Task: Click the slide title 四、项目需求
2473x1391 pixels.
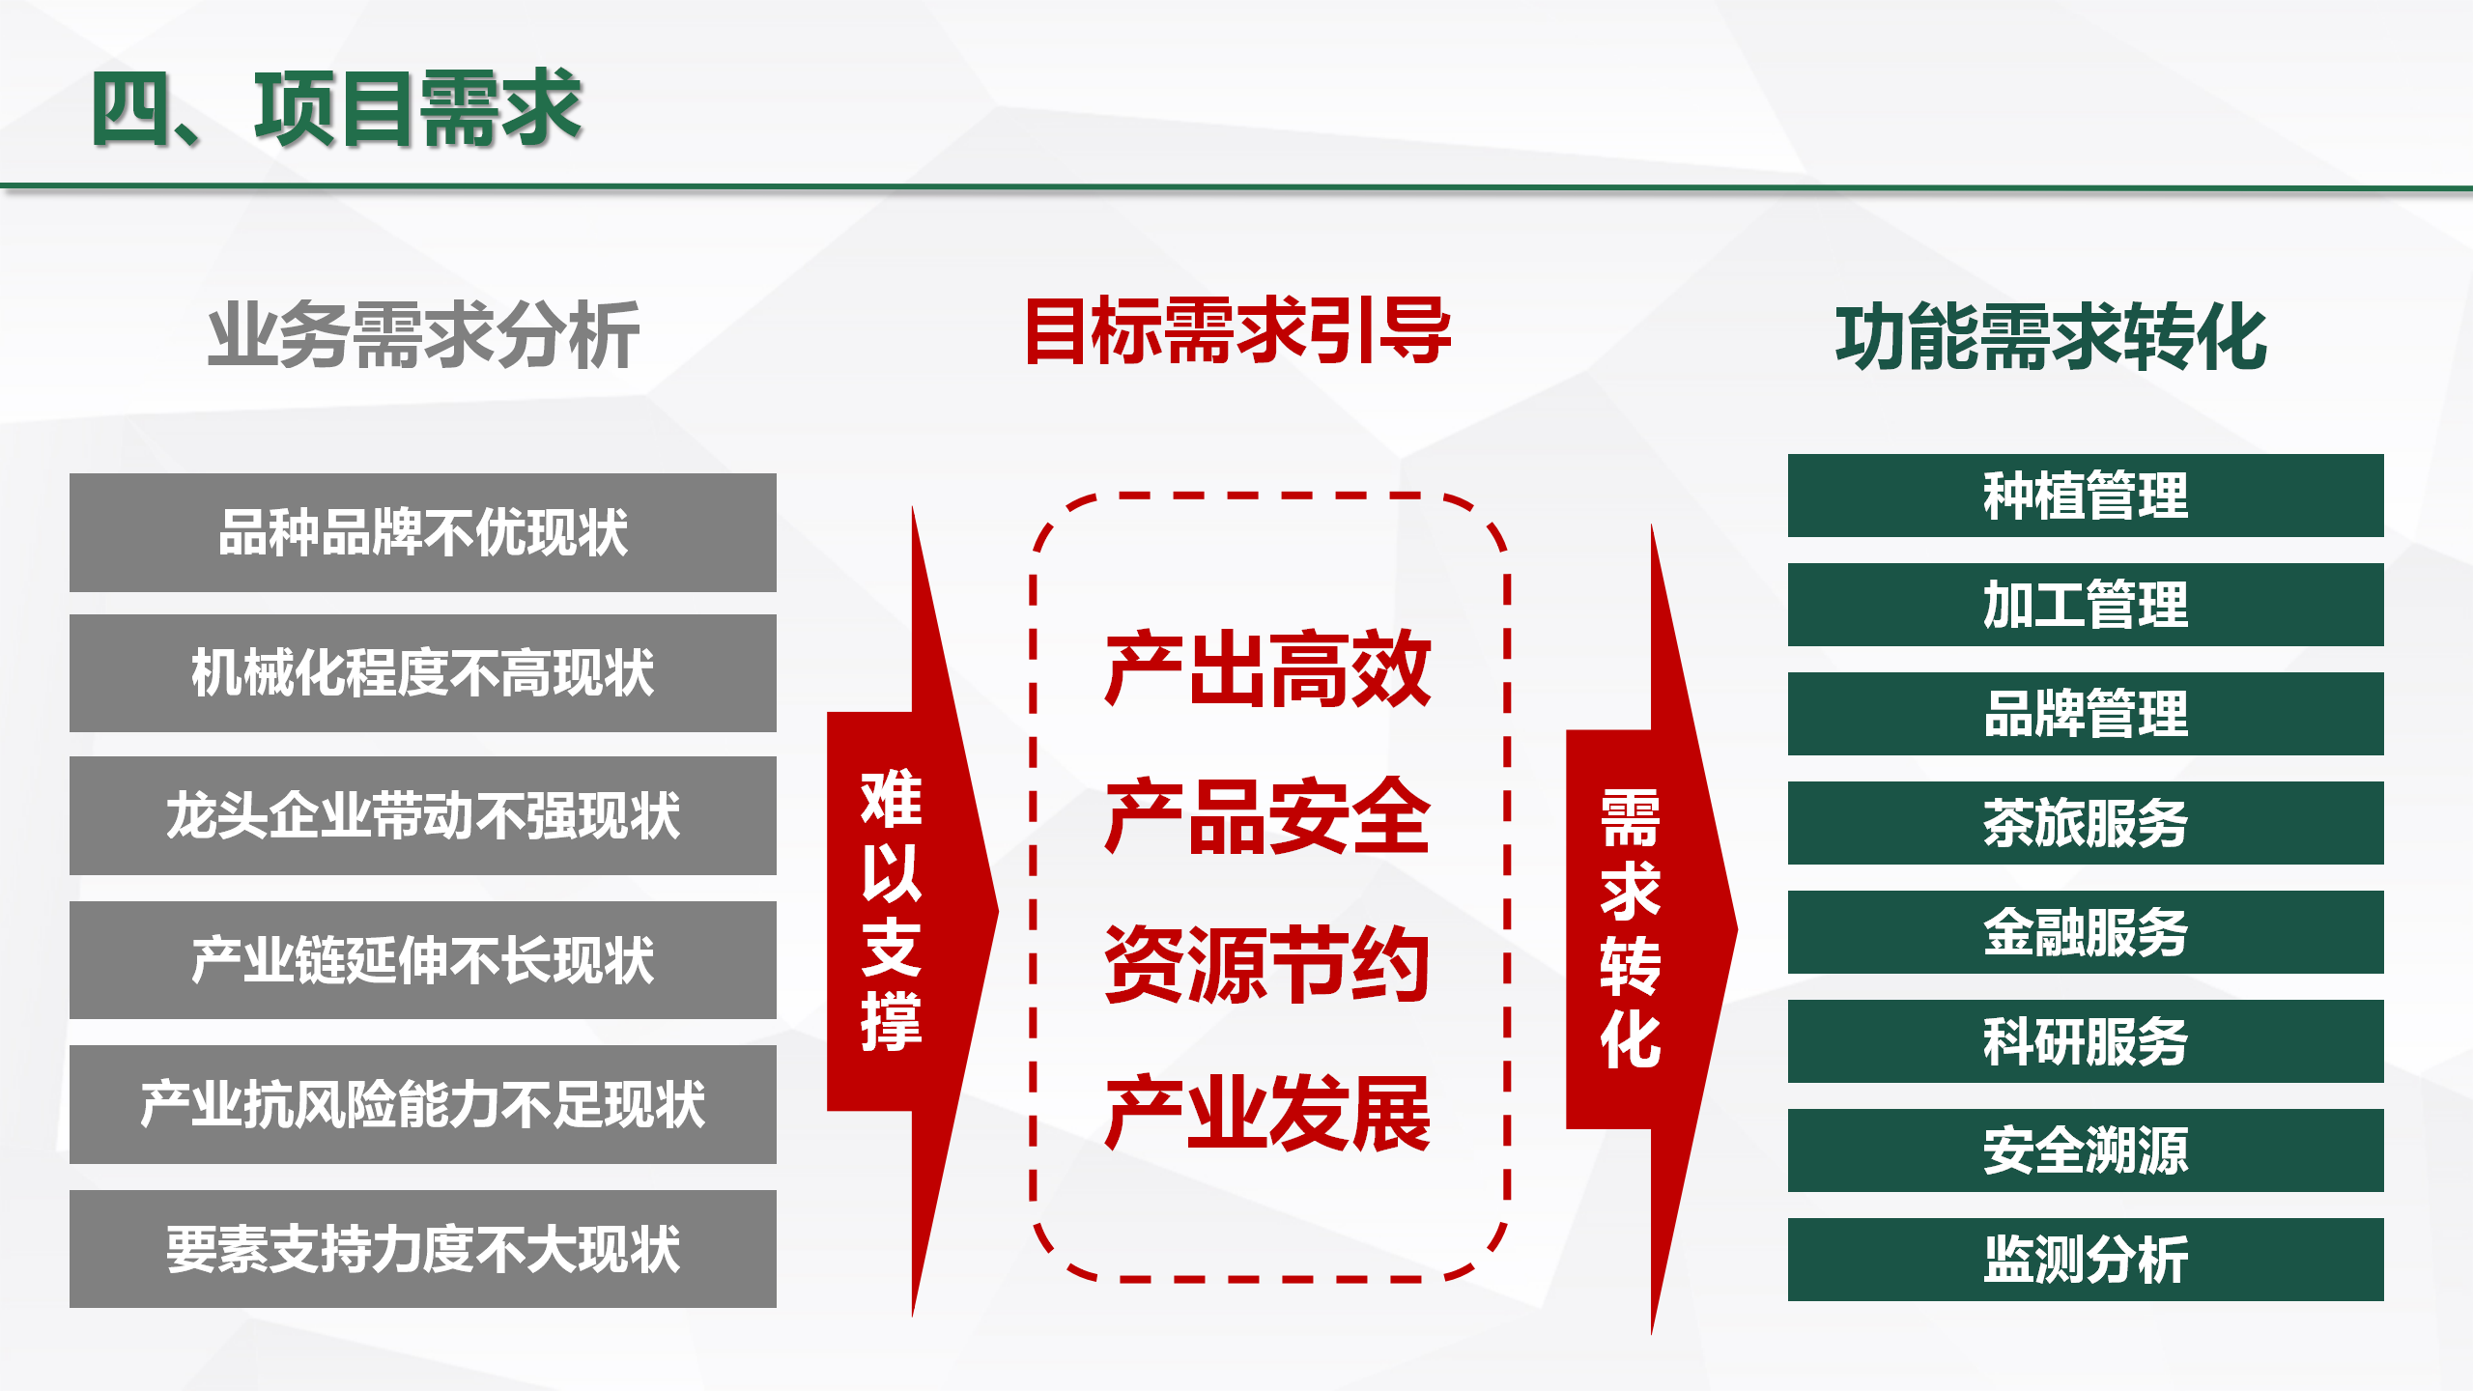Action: pos(337,108)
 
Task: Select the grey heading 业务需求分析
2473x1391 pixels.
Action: pos(423,335)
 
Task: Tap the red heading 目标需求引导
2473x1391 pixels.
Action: pos(1237,331)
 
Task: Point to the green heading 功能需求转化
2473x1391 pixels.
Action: pos(2051,336)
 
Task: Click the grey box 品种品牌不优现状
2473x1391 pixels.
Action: pos(423,532)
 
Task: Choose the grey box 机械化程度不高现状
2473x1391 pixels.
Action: pos(423,673)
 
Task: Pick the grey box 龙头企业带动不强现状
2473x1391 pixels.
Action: pos(423,815)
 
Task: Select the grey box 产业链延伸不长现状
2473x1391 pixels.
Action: pos(423,960)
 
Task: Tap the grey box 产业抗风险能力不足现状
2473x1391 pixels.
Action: pos(423,1104)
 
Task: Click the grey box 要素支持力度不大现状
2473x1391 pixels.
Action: pos(423,1249)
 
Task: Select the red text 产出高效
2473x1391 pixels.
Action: pos(1267,667)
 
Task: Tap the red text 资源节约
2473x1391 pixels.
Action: pos(1267,964)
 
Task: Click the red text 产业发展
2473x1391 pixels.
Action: pos(1267,1113)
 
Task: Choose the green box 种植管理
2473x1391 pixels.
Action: pos(2086,496)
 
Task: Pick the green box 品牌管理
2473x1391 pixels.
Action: pos(2086,714)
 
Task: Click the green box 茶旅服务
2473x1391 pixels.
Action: pos(2086,823)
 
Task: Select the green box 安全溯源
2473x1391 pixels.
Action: pos(2086,1150)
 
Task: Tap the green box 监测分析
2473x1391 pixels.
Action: pos(2086,1260)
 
